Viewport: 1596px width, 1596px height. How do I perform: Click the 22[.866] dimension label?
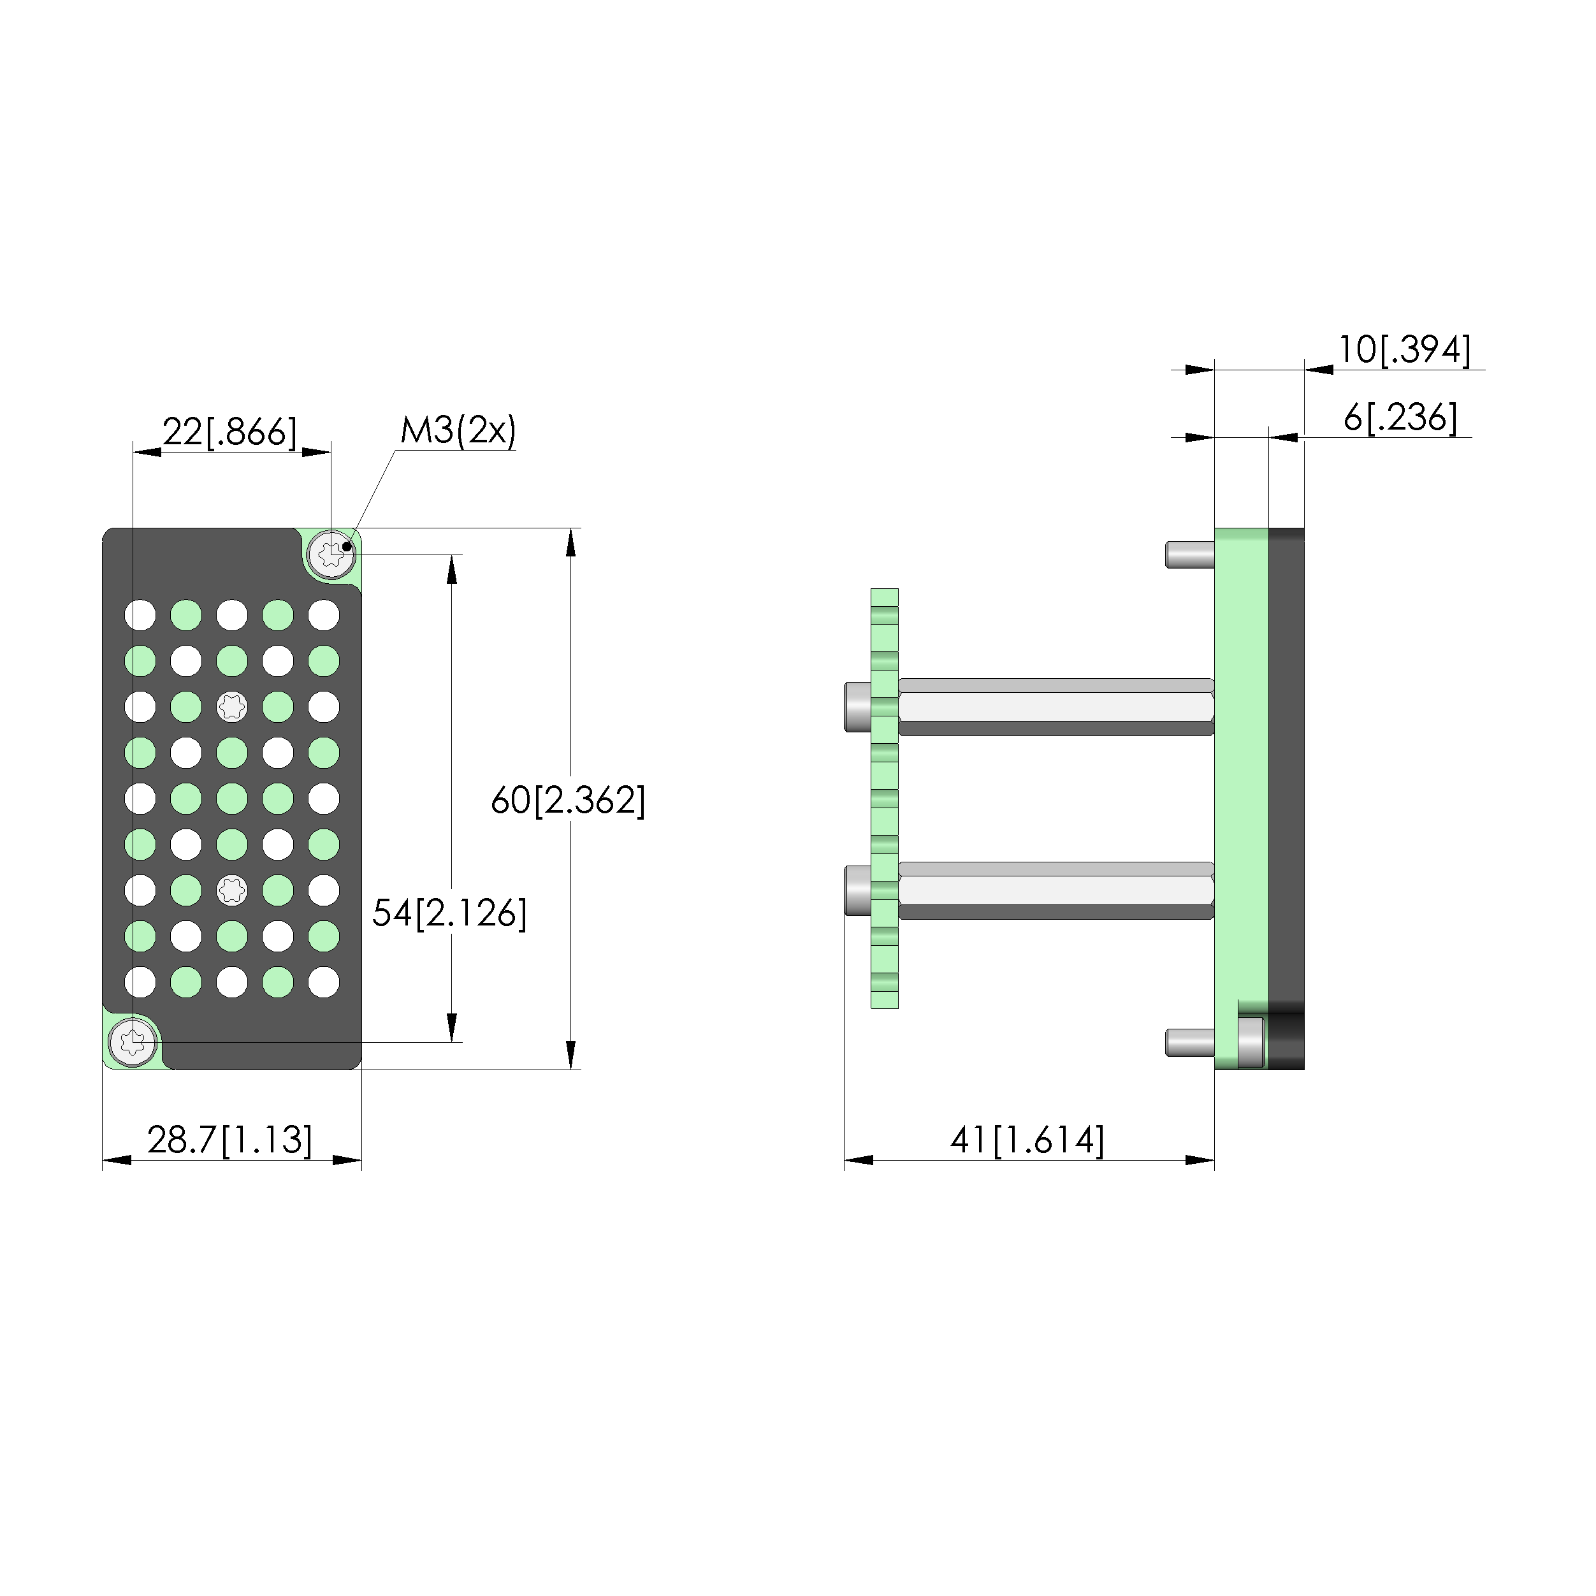tap(229, 432)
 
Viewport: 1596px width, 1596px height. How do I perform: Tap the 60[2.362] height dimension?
tap(569, 801)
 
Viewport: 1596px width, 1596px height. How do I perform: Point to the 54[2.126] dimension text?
tap(449, 913)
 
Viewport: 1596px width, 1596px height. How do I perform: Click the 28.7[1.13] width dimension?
tap(229, 1141)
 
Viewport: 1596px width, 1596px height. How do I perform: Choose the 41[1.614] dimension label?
tap(1027, 1141)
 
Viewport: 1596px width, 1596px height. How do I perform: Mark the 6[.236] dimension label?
tap(1401, 418)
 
